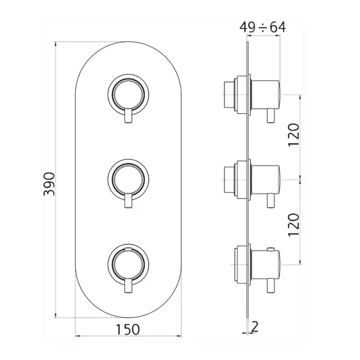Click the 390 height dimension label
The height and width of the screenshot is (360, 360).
pyautogui.click(x=49, y=184)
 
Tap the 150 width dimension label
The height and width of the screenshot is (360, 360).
pyautogui.click(x=128, y=330)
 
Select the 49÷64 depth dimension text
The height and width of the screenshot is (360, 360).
pyautogui.click(x=263, y=28)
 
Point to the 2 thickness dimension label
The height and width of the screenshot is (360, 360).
pyautogui.click(x=255, y=327)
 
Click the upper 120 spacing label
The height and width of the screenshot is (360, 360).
pyautogui.click(x=294, y=135)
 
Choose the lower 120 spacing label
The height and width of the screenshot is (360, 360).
pyautogui.click(x=294, y=225)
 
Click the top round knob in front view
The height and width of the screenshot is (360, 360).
pyautogui.click(x=129, y=94)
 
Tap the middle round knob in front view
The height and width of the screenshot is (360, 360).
pyautogui.click(x=129, y=179)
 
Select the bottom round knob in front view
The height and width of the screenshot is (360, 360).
pyautogui.click(x=129, y=263)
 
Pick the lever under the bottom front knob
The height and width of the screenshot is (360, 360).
pyautogui.click(x=129, y=285)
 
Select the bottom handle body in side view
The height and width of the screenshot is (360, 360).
pyautogui.click(x=266, y=264)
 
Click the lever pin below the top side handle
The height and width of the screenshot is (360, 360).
pyautogui.click(x=271, y=116)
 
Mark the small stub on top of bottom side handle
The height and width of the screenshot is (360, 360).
pyautogui.click(x=271, y=248)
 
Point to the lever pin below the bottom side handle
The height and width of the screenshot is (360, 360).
pyautogui.click(x=271, y=285)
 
